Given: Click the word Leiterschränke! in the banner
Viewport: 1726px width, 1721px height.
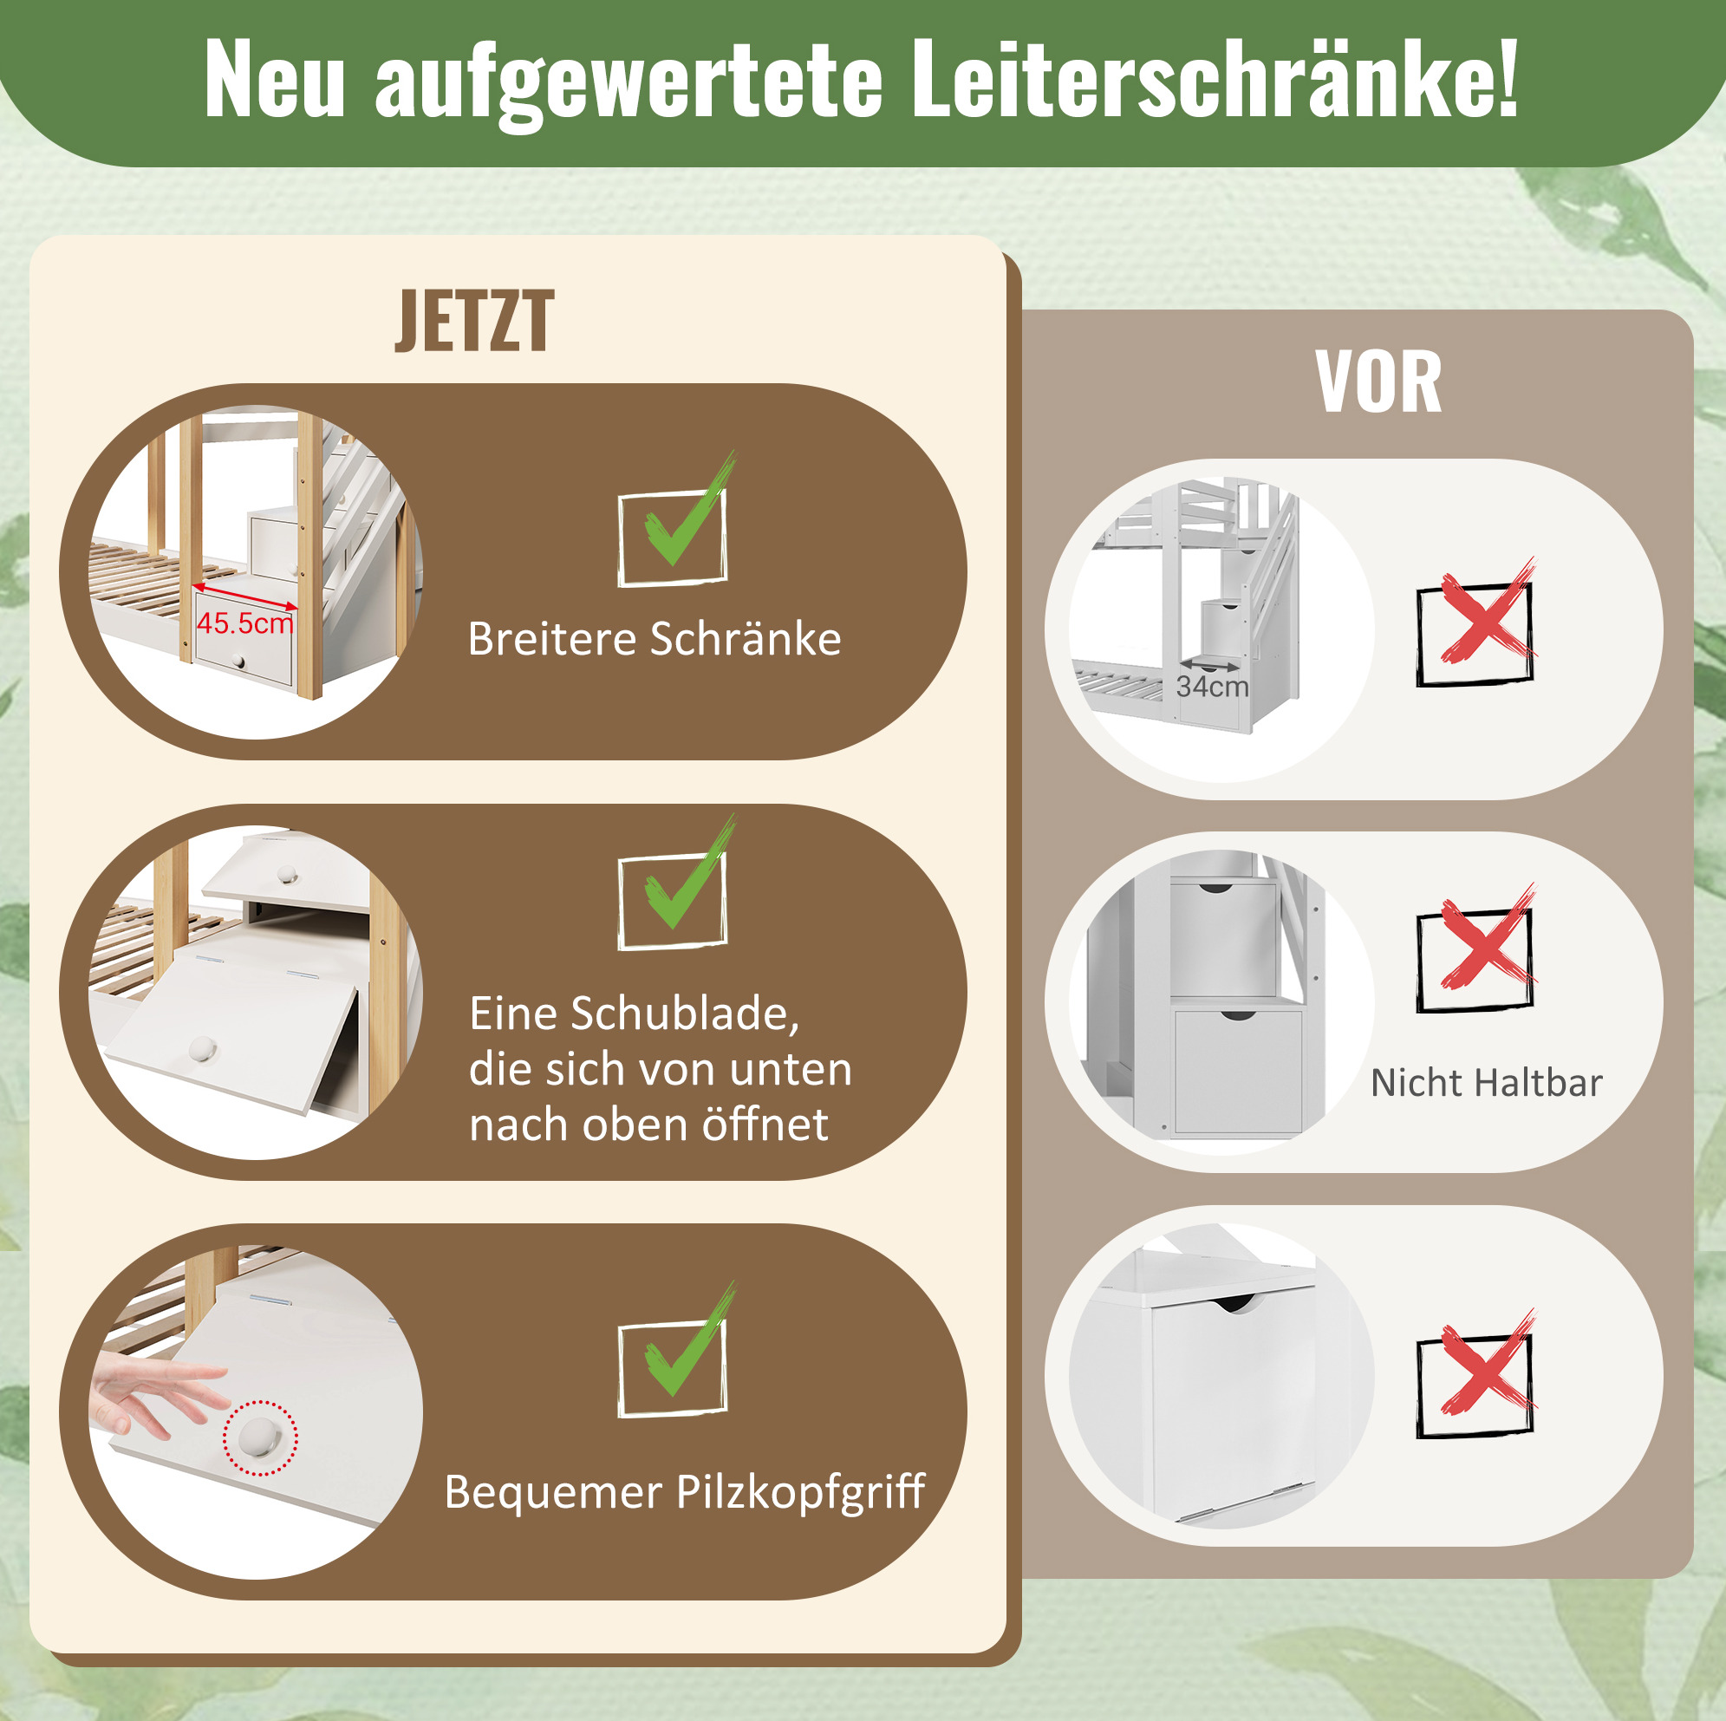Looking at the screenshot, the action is pyautogui.click(x=1215, y=79).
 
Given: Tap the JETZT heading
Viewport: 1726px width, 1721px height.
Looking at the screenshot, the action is pyautogui.click(x=474, y=321).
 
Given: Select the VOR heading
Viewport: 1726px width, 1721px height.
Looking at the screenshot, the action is pyautogui.click(x=1378, y=382).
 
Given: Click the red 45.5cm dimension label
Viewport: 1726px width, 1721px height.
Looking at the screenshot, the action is pyautogui.click(x=244, y=623).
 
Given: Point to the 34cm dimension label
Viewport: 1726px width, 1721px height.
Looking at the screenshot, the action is pyautogui.click(x=1212, y=687).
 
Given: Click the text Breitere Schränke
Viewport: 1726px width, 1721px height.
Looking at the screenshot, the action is pyautogui.click(x=654, y=639).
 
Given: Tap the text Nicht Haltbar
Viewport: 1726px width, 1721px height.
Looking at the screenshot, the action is pyautogui.click(x=1487, y=1082).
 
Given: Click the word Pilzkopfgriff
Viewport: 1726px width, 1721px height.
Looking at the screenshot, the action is pyautogui.click(x=799, y=1492).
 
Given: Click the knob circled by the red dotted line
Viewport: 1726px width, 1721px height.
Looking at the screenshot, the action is pyautogui.click(x=261, y=1437).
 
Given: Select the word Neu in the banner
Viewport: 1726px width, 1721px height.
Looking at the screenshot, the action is pyautogui.click(x=274, y=81).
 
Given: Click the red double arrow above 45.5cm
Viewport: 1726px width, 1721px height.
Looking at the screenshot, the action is pyautogui.click(x=244, y=596).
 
